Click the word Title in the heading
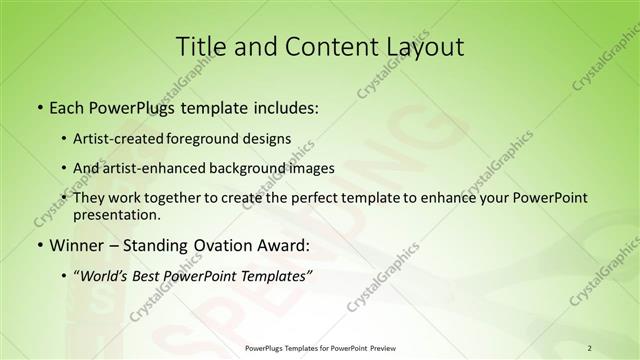click(x=200, y=46)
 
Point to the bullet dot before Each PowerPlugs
click(x=39, y=106)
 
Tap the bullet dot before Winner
click(x=39, y=246)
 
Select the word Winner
click(x=75, y=245)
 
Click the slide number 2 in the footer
click(x=590, y=348)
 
